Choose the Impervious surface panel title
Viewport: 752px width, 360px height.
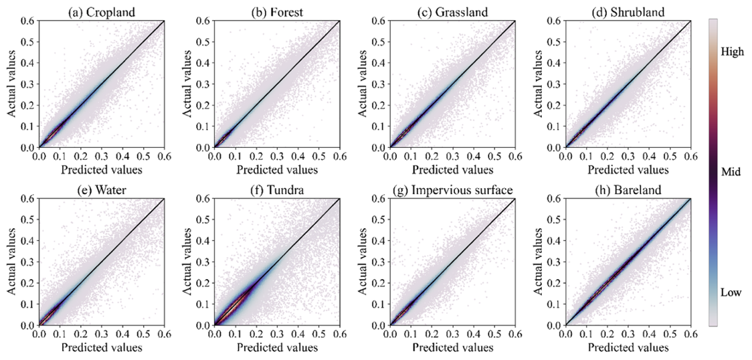[x=452, y=190]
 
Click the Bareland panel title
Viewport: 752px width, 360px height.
[x=628, y=190]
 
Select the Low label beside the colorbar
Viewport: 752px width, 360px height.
[x=730, y=292]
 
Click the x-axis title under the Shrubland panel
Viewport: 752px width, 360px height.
[x=628, y=169]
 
